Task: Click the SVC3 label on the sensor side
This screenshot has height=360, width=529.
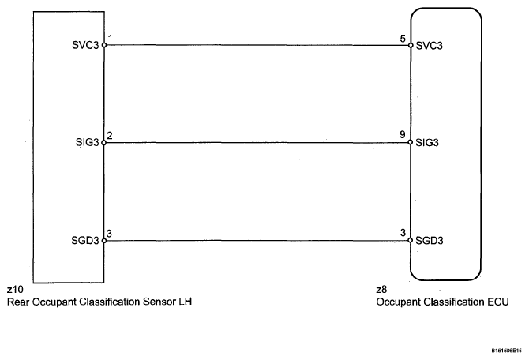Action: pos(85,45)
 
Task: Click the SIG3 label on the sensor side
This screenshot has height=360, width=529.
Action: pos(88,142)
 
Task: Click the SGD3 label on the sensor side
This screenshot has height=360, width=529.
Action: pos(85,241)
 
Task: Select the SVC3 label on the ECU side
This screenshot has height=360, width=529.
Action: pos(430,46)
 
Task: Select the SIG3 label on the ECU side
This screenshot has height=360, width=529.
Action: pos(427,143)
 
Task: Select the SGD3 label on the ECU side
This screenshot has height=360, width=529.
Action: pos(430,241)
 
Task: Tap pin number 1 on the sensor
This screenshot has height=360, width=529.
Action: pos(110,38)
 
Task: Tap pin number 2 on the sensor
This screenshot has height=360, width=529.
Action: pos(109,136)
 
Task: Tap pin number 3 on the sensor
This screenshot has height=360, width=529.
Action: pos(109,234)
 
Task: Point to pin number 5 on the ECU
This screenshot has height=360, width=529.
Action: pos(403,39)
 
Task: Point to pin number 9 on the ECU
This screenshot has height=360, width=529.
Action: pos(403,135)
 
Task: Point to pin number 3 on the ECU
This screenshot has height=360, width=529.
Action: pos(403,233)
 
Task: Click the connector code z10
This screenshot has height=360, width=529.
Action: pos(15,290)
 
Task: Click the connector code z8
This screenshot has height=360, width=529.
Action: pos(381,290)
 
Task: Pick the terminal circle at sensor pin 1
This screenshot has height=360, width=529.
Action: pos(104,45)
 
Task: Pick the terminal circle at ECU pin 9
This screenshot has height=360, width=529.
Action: pos(411,142)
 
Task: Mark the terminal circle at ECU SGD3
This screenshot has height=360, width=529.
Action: pos(411,240)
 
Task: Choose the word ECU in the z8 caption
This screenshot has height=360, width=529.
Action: pos(498,302)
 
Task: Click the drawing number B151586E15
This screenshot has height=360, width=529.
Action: pos(506,351)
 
